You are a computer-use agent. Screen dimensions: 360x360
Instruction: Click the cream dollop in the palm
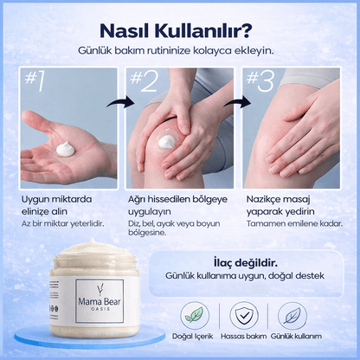(x=61, y=151)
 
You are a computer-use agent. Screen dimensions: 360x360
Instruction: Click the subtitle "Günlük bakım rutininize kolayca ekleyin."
(x=180, y=50)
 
